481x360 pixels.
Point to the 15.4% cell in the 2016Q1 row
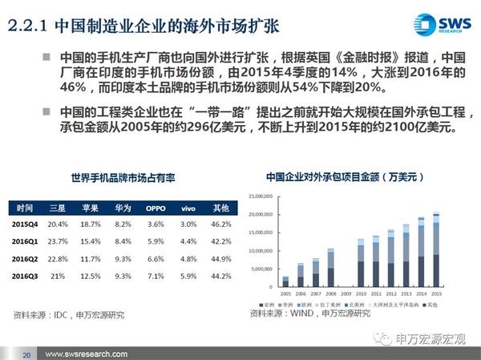pyautogui.click(x=91, y=242)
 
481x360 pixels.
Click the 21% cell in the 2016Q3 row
pyautogui.click(x=58, y=275)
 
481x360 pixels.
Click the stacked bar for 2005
pyautogui.click(x=285, y=281)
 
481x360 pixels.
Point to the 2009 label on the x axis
pyautogui.click(x=346, y=293)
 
